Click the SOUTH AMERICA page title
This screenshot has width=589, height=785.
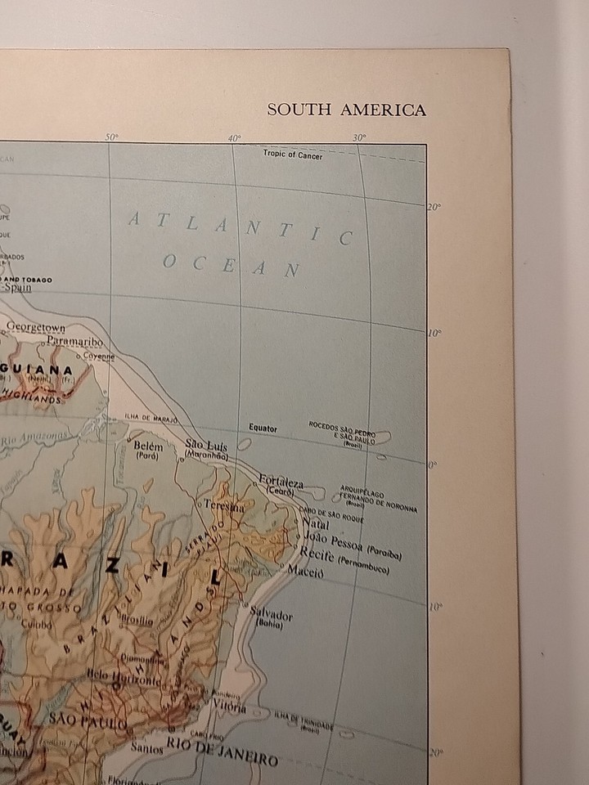click(x=347, y=110)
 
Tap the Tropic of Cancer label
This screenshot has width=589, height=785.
click(x=293, y=155)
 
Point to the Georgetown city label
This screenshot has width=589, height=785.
click(x=36, y=328)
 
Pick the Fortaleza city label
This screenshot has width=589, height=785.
click(x=281, y=482)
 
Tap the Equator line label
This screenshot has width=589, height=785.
click(x=263, y=428)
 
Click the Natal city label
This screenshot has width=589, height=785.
click(x=315, y=523)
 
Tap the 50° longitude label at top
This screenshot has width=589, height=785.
click(x=111, y=137)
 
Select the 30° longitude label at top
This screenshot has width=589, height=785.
click(x=359, y=137)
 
